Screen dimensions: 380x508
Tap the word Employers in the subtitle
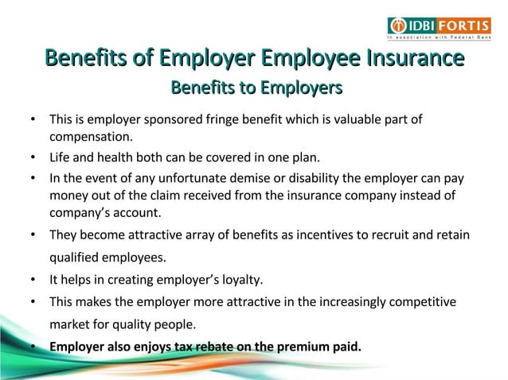pos(299,86)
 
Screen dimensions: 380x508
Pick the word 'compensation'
pos(90,138)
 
